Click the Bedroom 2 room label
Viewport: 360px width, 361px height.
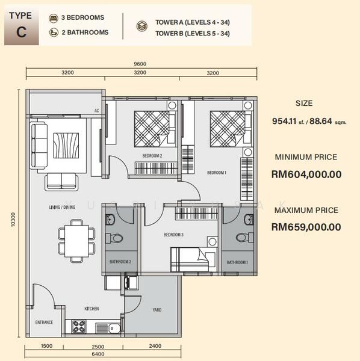[152, 156]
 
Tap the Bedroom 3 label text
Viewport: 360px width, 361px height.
[173, 235]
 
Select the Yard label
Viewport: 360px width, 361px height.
[157, 310]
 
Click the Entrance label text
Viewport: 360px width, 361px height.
[44, 322]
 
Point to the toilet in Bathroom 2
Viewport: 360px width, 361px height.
[114, 238]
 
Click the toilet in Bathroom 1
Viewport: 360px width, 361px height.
[244, 238]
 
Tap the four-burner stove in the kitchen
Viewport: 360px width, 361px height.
[79, 327]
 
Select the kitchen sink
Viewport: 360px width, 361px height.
[114, 328]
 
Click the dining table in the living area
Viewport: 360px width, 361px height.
[76, 241]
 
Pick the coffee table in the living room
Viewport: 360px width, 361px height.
[66, 146]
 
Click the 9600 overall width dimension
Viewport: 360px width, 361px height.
[140, 64]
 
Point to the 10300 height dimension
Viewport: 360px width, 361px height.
[13, 220]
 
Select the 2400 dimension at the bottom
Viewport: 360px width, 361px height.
[155, 346]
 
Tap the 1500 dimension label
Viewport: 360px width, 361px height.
[46, 346]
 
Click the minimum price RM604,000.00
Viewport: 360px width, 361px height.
[306, 174]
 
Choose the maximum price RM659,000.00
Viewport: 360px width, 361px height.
[306, 227]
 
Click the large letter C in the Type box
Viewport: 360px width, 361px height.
[21, 32]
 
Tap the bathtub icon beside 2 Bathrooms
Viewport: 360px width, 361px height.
[54, 32]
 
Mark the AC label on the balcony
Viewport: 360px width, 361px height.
[97, 111]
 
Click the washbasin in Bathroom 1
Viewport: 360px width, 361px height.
[249, 220]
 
